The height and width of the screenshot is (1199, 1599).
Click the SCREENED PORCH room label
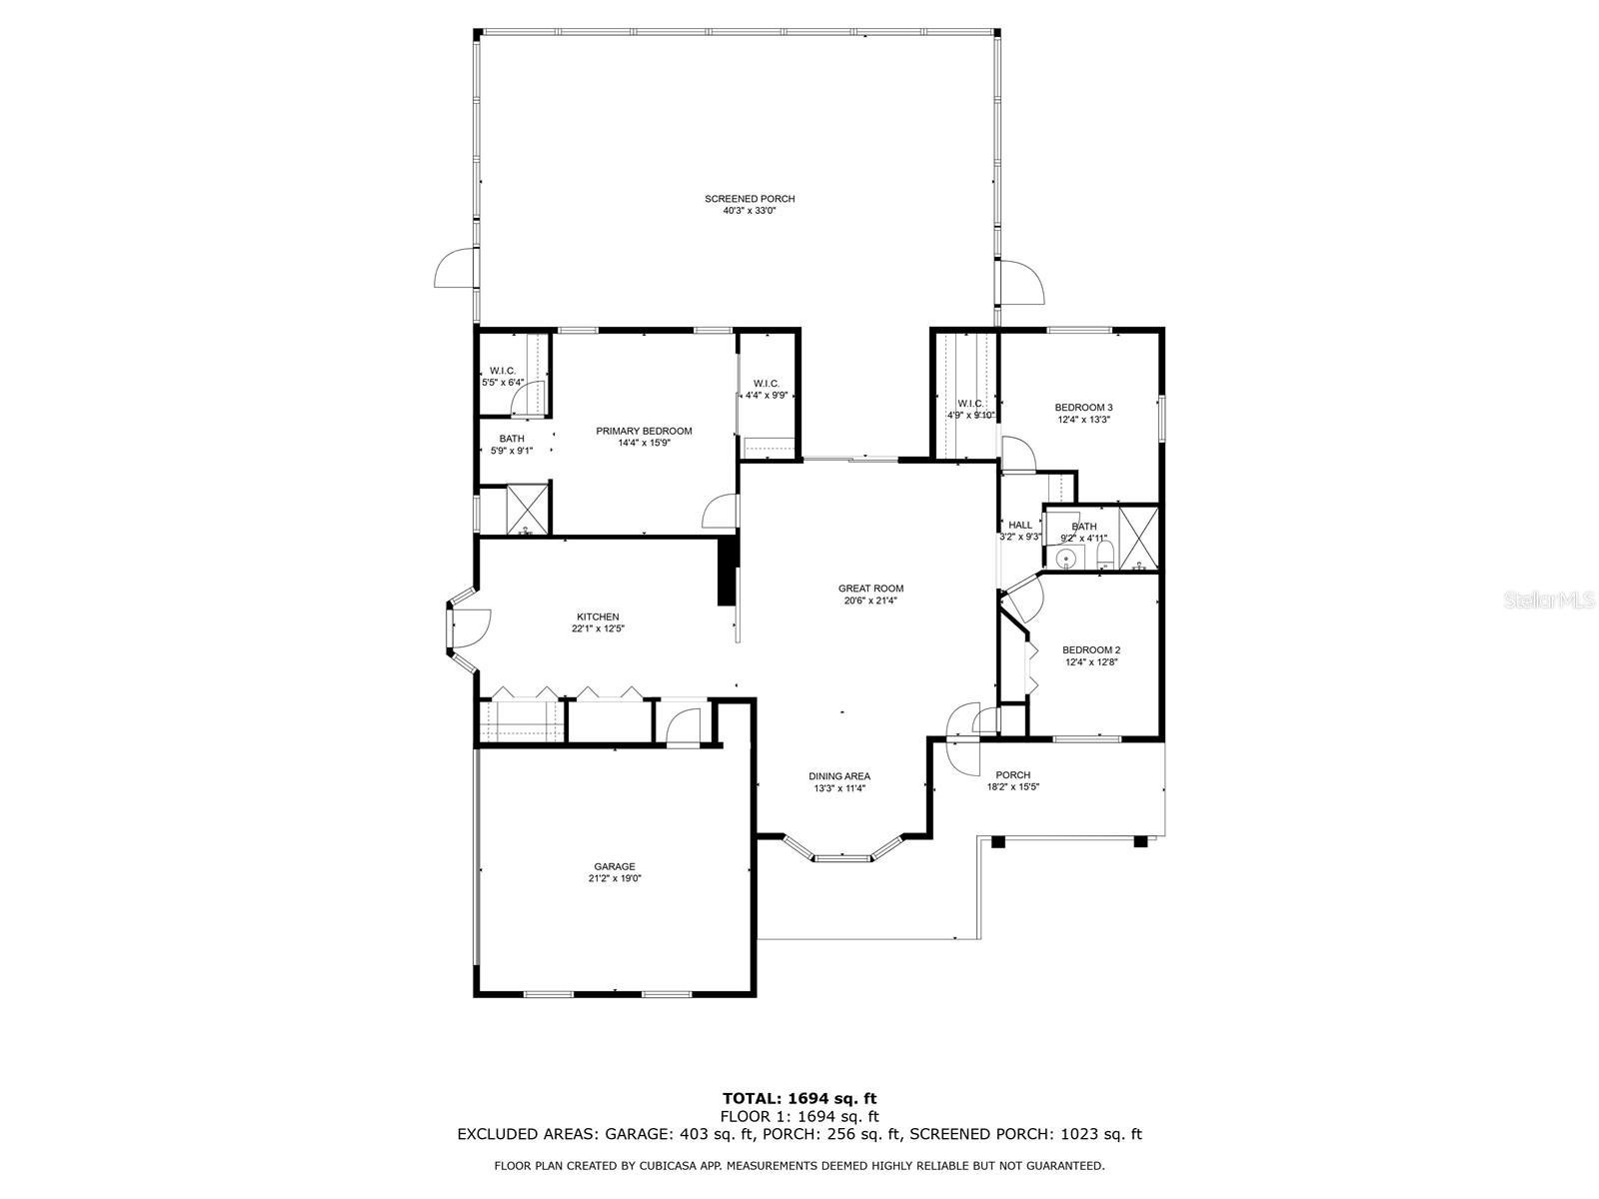tap(750, 199)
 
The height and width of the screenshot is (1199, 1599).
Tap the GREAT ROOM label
tap(870, 589)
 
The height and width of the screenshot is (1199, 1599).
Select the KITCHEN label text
tap(598, 616)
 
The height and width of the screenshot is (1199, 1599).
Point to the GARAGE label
tap(614, 866)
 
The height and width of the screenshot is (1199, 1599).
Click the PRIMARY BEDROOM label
tap(644, 431)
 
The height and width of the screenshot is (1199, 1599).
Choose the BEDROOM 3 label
tap(1084, 408)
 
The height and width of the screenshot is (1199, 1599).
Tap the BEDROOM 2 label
tap(1091, 650)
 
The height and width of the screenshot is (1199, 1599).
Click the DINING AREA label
tap(839, 776)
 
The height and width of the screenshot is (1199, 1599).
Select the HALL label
tap(1020, 525)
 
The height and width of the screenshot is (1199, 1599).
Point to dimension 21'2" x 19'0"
tap(614, 878)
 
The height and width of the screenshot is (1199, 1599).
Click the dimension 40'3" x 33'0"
tap(750, 211)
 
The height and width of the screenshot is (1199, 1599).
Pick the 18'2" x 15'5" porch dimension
tap(1012, 787)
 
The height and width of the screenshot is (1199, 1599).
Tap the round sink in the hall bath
tap(1067, 560)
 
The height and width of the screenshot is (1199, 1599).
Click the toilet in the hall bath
tap(1104, 556)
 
